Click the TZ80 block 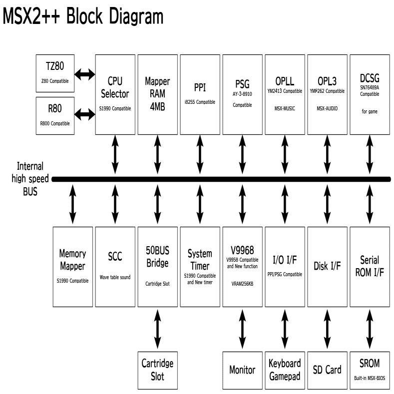56,73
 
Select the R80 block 56,115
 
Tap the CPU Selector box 115,94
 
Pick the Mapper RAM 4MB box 158,94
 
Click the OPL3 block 327,94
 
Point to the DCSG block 370,94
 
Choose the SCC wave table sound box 115,267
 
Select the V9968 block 242,267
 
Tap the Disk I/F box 327,267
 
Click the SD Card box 327,370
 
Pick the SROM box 370,370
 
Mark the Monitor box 242,370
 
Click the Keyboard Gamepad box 285,370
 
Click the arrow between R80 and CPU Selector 84,115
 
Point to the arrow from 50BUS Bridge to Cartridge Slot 158,329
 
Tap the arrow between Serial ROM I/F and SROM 370,329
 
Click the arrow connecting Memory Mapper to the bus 73,204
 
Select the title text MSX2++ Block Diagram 83,16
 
